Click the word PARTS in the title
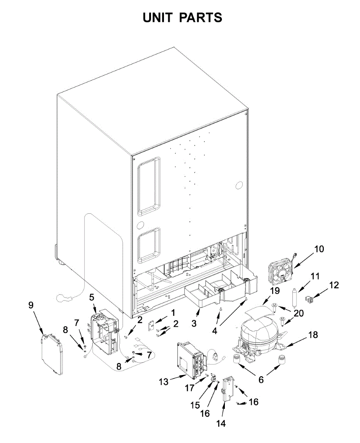click(x=202, y=17)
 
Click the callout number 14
click(x=221, y=423)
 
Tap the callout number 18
click(x=313, y=335)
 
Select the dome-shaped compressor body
click(x=258, y=332)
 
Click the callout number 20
click(x=298, y=313)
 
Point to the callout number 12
click(x=334, y=285)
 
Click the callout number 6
click(x=261, y=380)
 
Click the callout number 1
click(x=173, y=313)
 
